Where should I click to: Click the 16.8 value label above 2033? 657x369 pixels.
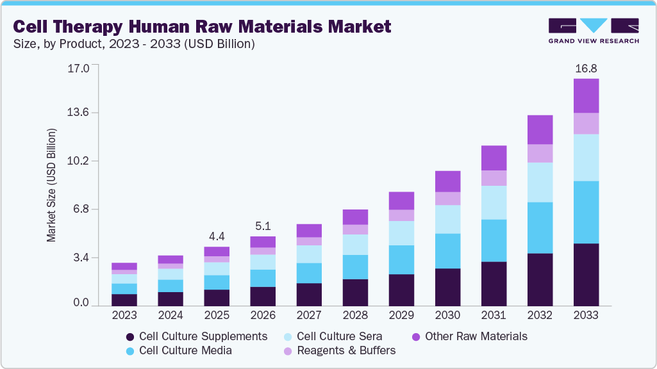click(586, 69)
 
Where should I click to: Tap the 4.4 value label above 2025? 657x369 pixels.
click(217, 236)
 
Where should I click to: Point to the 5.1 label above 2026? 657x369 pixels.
click(263, 225)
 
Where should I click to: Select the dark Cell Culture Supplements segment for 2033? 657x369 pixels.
click(586, 274)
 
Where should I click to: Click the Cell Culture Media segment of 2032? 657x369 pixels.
click(540, 227)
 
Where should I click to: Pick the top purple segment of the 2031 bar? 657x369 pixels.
click(494, 158)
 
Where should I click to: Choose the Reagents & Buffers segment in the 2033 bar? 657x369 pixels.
click(586, 123)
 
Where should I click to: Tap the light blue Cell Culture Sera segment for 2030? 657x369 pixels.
click(447, 219)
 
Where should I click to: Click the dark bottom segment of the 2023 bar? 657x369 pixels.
click(124, 299)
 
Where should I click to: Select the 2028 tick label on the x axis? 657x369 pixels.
click(355, 315)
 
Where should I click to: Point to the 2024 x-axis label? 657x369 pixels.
click(170, 315)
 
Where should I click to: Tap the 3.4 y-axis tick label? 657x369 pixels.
click(81, 258)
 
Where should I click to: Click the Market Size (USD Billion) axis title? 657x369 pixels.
click(51, 185)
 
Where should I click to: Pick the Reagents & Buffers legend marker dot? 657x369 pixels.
click(288, 351)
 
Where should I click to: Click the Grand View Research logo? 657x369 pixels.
click(594, 30)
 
